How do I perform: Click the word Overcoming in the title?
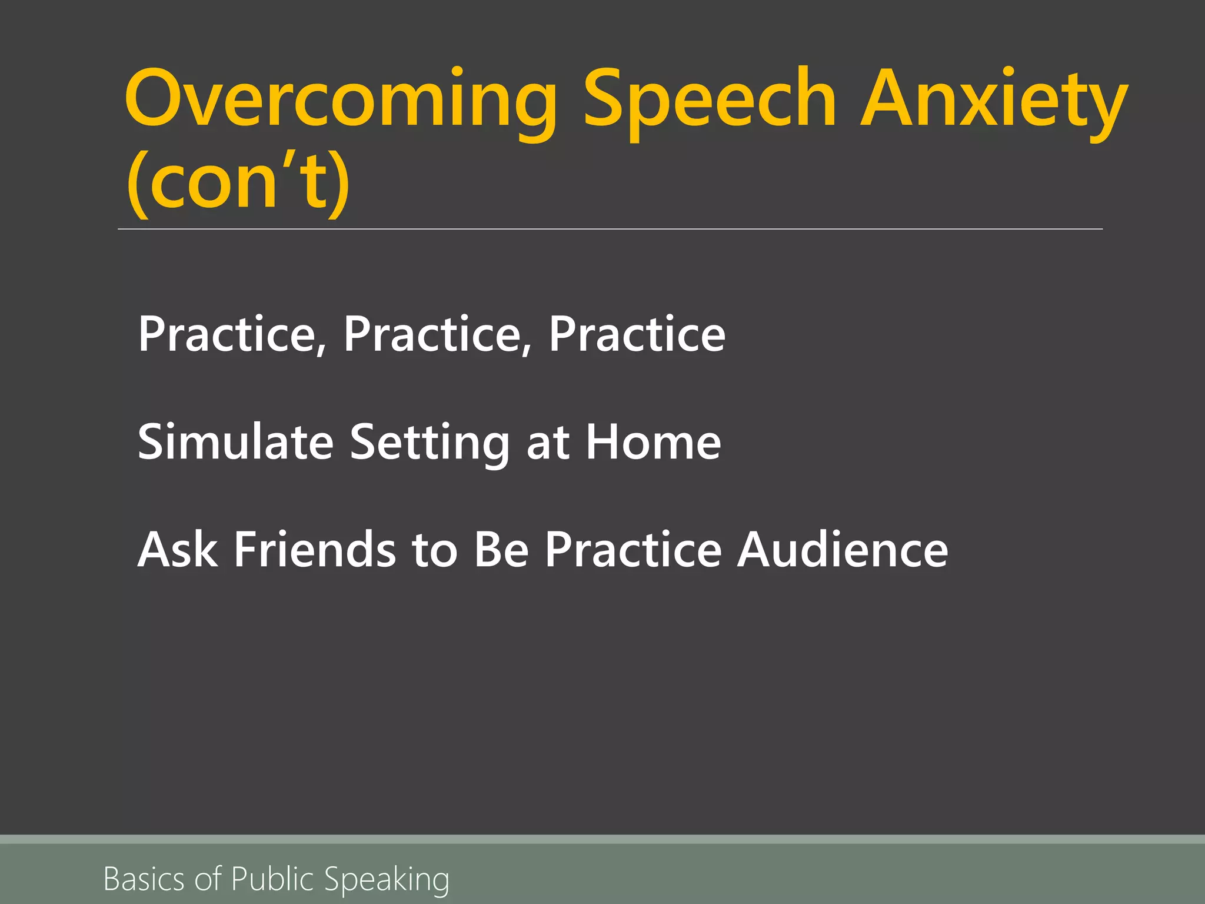(x=340, y=100)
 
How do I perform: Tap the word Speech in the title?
(x=709, y=100)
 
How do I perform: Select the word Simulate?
(x=235, y=442)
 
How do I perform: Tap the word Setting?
(x=430, y=442)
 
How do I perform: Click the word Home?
(x=653, y=442)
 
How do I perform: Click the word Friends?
(x=315, y=550)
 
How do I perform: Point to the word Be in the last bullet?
(x=501, y=550)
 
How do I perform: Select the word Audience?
(x=843, y=550)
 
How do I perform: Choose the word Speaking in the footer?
(x=387, y=879)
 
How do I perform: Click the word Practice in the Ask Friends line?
(x=633, y=550)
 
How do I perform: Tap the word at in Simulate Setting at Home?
(x=548, y=442)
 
